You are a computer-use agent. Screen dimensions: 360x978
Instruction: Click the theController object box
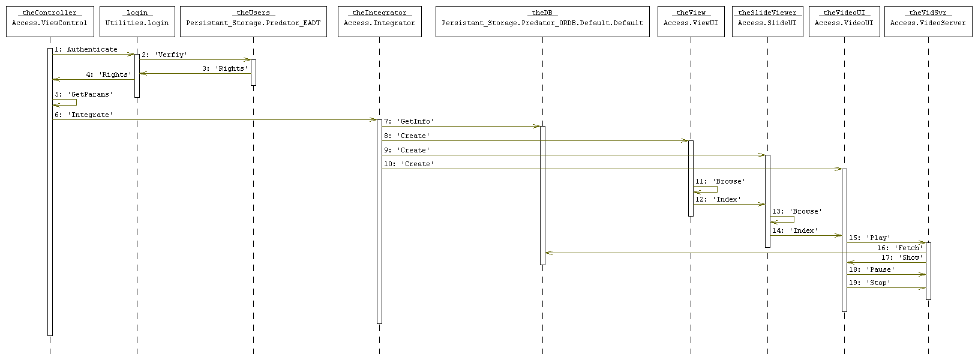pos(50,22)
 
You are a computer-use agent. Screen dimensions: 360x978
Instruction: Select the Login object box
pos(137,22)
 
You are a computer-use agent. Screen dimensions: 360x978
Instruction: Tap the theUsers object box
pos(253,22)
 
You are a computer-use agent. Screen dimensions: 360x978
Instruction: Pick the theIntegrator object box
pos(379,22)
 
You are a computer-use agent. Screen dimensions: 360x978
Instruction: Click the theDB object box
pos(542,22)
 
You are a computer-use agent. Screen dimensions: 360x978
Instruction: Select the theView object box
pos(691,22)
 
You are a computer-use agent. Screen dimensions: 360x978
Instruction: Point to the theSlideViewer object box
pos(767,22)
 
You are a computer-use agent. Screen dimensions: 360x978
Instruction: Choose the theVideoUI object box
pos(844,22)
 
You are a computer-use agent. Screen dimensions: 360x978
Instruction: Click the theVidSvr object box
pos(928,22)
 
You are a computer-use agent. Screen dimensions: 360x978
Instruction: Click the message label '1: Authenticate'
pos(86,50)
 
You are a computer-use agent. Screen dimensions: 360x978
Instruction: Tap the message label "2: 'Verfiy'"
pos(164,55)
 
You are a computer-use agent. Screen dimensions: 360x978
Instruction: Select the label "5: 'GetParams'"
pos(83,95)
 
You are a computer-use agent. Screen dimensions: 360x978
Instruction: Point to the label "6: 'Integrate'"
pos(83,115)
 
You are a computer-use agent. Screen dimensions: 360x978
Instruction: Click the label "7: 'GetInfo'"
pos(409,122)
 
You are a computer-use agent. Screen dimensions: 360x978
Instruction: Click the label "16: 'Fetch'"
pos(899,248)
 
